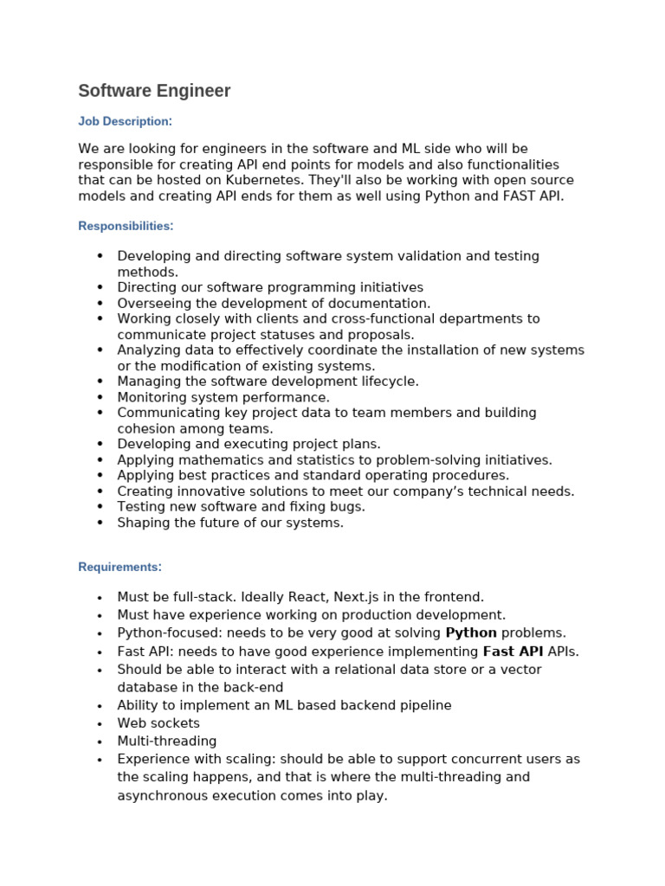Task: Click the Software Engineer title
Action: pos(154,91)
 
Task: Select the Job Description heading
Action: pos(125,122)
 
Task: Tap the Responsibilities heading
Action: pos(126,227)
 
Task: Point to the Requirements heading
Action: pos(119,568)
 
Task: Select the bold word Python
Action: pos(471,633)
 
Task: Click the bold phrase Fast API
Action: pos(511,652)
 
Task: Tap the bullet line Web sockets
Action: pos(158,723)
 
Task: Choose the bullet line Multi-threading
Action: pos(167,742)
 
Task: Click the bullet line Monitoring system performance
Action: pos(223,397)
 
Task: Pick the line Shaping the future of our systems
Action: pos(230,523)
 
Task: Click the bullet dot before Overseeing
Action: pos(100,304)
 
